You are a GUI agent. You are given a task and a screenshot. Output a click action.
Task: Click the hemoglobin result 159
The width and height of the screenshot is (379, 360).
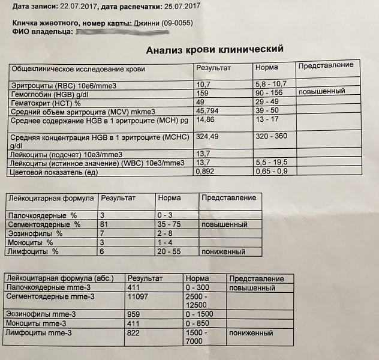point(203,93)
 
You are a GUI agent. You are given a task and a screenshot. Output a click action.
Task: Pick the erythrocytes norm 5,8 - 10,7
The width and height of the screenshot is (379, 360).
point(270,84)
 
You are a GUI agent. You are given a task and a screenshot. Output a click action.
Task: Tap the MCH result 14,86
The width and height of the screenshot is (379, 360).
point(206,121)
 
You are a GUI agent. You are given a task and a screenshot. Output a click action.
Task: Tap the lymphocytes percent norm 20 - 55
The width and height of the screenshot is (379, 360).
point(170,252)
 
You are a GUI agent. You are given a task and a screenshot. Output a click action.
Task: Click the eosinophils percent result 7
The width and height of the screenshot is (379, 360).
point(103,233)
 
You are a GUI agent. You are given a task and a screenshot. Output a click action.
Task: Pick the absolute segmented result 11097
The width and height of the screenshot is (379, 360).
point(138,297)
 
